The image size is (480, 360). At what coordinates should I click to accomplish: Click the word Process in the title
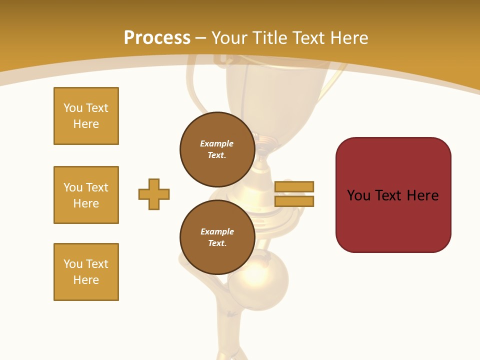click(157, 38)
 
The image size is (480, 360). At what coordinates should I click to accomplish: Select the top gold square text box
click(86, 116)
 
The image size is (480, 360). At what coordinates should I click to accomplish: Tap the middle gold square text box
click(86, 195)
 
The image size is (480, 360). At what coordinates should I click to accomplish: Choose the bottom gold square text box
click(86, 272)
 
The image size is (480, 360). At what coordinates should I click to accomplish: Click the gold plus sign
click(154, 194)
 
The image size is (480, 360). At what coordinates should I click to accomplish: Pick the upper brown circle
click(217, 149)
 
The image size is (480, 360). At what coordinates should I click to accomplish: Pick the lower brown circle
click(217, 237)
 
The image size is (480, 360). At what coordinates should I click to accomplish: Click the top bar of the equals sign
click(294, 186)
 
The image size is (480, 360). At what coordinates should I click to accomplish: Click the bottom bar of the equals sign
click(294, 201)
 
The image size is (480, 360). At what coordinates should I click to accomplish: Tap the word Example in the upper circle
click(216, 143)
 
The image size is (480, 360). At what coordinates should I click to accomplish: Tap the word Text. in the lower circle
click(217, 243)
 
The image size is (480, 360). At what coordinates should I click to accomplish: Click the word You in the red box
click(359, 195)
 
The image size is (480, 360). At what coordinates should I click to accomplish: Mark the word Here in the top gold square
click(86, 124)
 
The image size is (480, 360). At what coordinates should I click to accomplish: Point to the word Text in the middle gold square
click(96, 187)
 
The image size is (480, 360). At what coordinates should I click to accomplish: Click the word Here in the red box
click(422, 195)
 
